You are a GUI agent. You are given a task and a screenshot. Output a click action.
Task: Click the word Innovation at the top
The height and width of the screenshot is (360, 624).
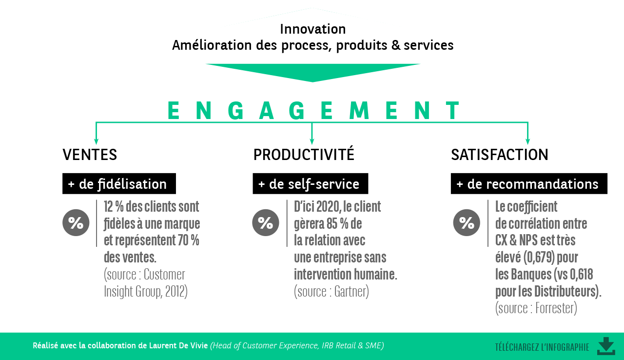coord(312,29)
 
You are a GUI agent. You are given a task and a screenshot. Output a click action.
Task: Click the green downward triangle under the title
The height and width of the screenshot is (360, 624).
coord(312,72)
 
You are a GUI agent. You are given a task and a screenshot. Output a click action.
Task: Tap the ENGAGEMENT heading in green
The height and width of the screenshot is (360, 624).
coord(312,111)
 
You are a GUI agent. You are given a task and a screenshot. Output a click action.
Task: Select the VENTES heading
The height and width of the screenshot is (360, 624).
coord(90,155)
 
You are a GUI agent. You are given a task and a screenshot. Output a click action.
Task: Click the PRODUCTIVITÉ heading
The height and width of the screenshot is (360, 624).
coord(303,155)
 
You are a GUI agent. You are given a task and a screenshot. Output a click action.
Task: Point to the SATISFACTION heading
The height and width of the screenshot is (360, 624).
coord(499,155)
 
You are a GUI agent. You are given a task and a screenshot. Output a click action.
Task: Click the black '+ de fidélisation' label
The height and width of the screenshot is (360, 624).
coord(119,184)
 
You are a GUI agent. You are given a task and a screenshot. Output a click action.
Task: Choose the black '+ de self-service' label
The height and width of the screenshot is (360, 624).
coord(310,184)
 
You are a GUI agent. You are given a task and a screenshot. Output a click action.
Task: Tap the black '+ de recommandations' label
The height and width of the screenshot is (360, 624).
coord(528,184)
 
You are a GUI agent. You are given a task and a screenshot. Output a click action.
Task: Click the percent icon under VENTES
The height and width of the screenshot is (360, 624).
coord(76,223)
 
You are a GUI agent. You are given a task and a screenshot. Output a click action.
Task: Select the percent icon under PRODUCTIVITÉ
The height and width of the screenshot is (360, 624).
coord(266,223)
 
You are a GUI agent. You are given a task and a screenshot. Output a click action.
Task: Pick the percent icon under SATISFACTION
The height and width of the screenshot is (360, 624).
coord(467,223)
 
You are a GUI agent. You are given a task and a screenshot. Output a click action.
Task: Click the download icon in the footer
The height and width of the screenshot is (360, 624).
coord(606,346)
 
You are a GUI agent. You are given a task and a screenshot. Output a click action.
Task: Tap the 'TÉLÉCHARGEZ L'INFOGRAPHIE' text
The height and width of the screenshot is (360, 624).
coord(542,347)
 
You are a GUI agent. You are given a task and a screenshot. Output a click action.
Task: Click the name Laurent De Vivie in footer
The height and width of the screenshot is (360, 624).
coord(178,345)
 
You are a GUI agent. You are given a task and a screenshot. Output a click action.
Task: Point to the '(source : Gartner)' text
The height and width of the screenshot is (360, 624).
coord(331,292)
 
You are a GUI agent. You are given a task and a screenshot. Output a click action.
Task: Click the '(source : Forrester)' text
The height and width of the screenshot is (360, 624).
coord(536,308)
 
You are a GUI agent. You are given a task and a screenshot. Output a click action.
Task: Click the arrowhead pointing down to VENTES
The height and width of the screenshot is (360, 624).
coord(96,141)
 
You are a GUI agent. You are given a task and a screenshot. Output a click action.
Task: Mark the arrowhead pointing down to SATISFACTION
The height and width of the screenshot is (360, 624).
coord(527,141)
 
